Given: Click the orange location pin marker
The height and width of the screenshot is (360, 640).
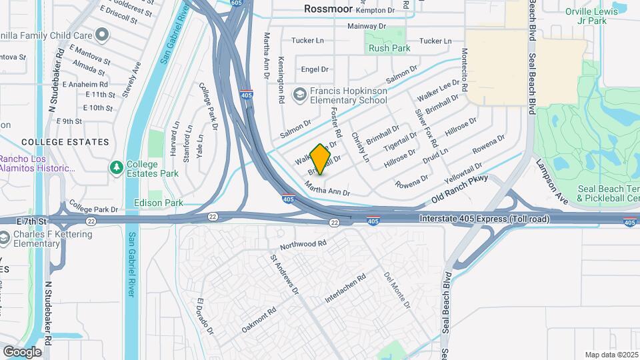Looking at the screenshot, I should (x=321, y=159).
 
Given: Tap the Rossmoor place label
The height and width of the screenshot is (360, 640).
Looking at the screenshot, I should (x=332, y=9).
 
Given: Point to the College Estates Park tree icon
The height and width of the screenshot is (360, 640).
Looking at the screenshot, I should (x=116, y=165).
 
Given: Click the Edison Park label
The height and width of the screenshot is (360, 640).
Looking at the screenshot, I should (x=159, y=202).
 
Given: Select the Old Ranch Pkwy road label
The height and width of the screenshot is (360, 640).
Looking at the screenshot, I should (x=460, y=189).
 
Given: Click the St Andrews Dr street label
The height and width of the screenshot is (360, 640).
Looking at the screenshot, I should (x=283, y=274).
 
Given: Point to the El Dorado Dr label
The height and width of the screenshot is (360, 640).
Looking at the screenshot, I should (x=204, y=316).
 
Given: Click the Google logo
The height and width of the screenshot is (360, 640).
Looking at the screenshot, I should (x=22, y=352).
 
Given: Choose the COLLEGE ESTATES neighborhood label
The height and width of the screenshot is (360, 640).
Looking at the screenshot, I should (x=65, y=142).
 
